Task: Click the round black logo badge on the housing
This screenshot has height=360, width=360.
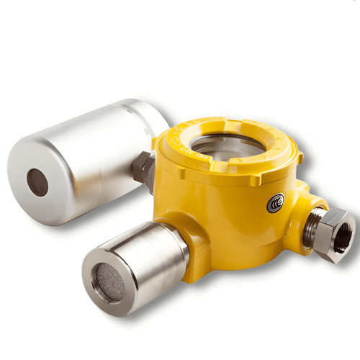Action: tap(275, 203)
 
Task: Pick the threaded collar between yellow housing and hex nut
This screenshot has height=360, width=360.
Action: tap(312, 225)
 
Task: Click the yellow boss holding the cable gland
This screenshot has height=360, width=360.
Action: tap(299, 209)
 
